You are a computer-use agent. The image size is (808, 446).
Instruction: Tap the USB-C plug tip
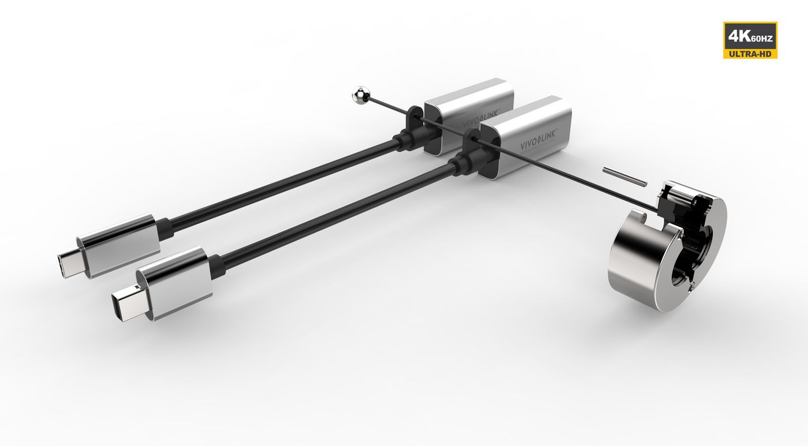tap(68, 264)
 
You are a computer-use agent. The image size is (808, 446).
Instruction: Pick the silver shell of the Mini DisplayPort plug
tap(176, 282)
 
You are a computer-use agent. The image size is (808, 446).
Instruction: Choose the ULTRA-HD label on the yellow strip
tap(750, 54)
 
